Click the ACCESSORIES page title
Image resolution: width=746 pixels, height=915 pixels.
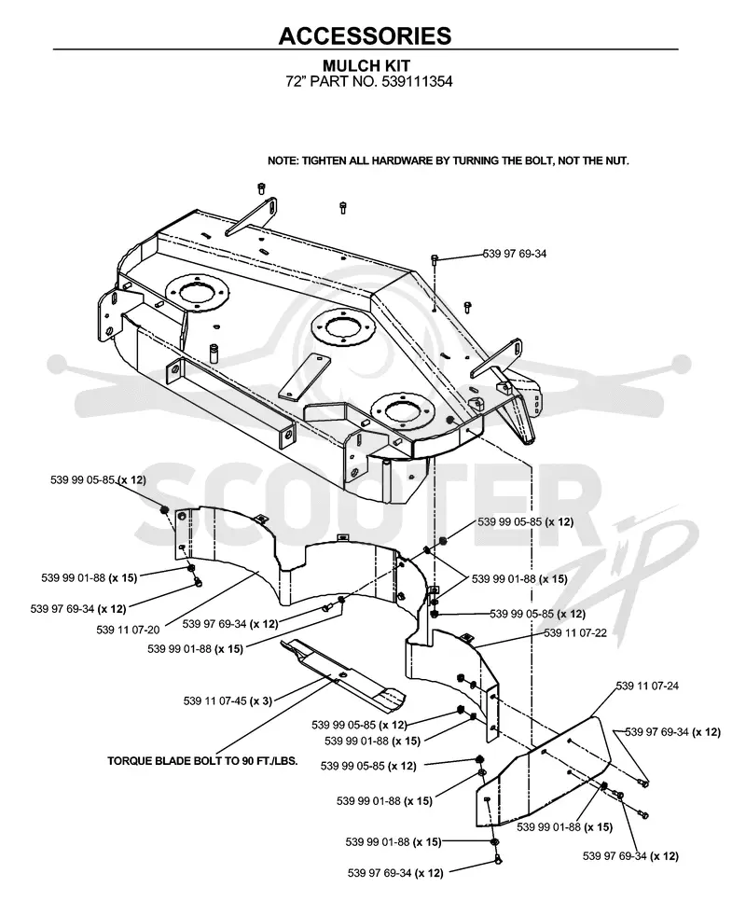(x=366, y=35)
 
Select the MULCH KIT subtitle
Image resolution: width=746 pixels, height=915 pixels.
(x=366, y=66)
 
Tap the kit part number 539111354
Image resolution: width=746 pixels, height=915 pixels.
(x=417, y=81)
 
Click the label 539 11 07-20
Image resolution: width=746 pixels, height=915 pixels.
(x=128, y=630)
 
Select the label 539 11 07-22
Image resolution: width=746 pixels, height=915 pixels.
(x=575, y=632)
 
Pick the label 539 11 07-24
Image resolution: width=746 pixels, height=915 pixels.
(x=647, y=686)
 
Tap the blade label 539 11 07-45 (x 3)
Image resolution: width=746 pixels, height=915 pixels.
(x=228, y=700)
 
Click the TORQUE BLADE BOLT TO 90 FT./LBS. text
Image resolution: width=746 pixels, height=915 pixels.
(x=202, y=761)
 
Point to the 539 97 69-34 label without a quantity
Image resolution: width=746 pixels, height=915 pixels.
(x=515, y=254)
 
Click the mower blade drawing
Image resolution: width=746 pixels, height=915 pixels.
(x=343, y=675)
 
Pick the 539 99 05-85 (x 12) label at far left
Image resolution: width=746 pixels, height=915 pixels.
(x=98, y=479)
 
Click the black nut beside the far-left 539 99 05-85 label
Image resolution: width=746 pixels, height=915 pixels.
(x=164, y=510)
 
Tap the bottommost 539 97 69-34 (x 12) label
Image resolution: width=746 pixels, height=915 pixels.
(x=395, y=874)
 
